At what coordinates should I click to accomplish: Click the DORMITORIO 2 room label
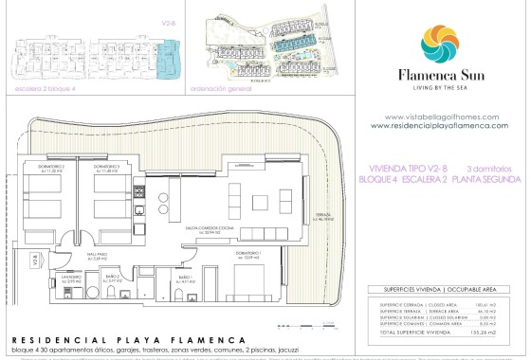coord(53,170)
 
